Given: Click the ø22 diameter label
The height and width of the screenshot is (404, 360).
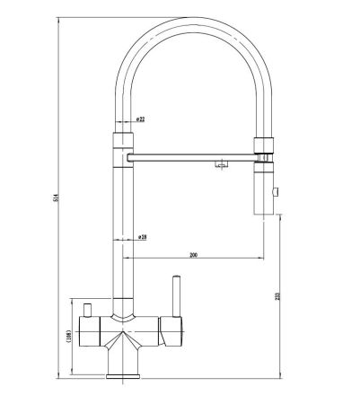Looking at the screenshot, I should [x=142, y=119].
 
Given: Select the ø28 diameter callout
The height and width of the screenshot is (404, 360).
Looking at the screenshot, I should [x=143, y=237].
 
